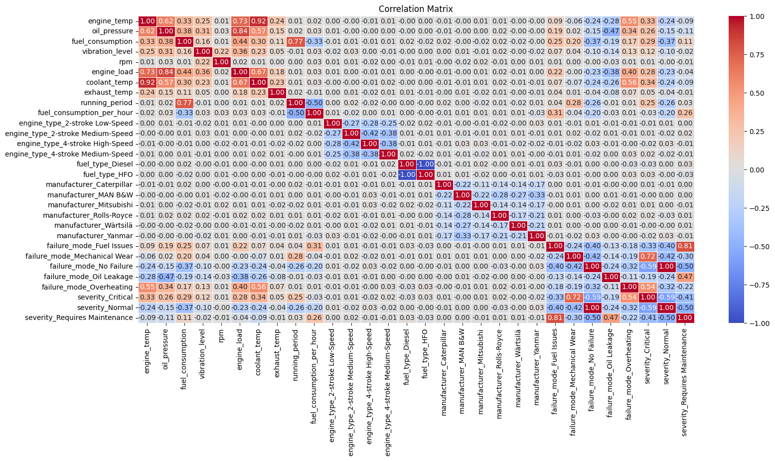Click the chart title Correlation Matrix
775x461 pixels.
click(416, 9)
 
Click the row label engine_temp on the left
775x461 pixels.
click(111, 21)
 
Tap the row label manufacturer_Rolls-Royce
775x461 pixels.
click(88, 215)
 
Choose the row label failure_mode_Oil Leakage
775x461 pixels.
click(88, 277)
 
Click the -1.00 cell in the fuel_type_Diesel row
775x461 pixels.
click(425, 164)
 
